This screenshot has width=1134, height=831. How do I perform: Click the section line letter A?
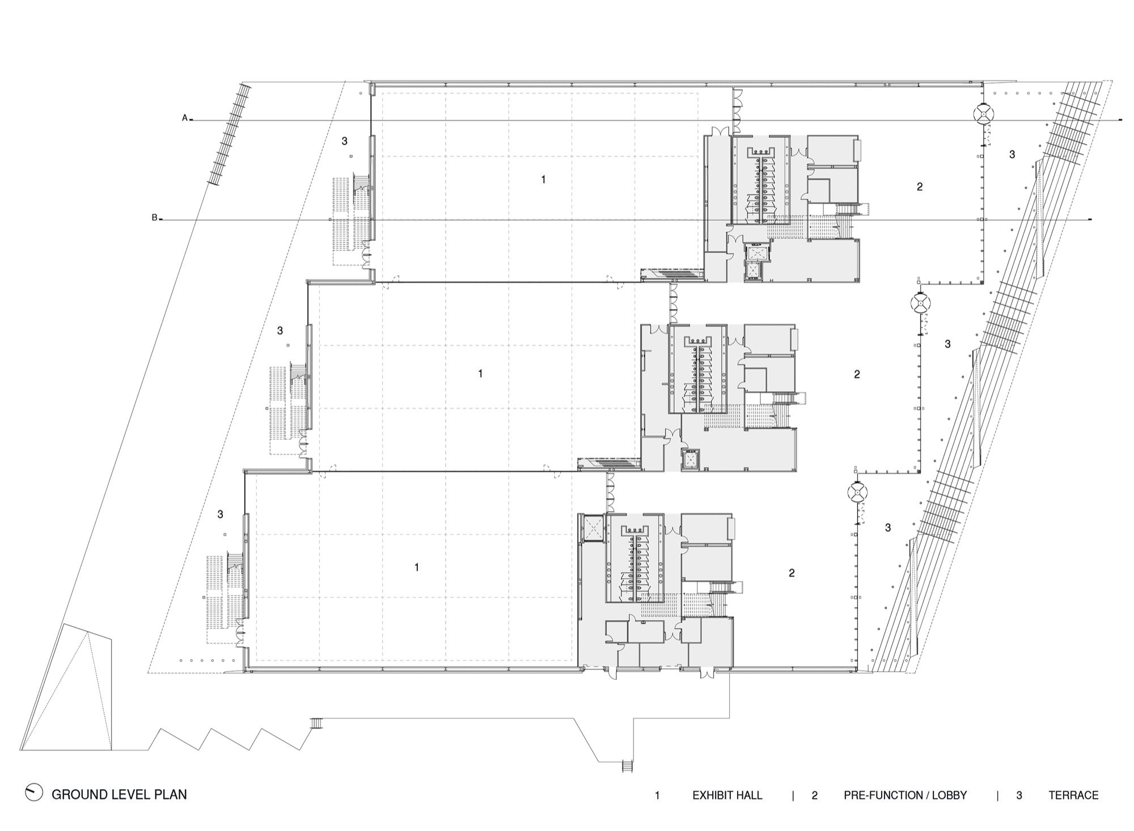(x=184, y=118)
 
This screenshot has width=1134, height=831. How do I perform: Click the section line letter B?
(x=154, y=218)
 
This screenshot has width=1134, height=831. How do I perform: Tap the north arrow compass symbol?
(x=34, y=792)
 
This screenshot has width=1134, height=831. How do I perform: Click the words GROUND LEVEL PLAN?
(x=119, y=795)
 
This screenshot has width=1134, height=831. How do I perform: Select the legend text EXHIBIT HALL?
(x=727, y=795)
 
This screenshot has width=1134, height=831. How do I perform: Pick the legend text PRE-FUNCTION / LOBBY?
(x=905, y=795)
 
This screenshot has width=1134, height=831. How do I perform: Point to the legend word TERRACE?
(x=1073, y=795)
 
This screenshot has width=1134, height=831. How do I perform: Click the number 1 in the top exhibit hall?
(x=543, y=180)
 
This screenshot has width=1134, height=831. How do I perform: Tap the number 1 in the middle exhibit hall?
(x=480, y=374)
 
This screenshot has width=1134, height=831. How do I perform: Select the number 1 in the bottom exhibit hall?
(x=417, y=567)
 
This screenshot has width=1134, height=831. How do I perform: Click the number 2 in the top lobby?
(x=920, y=186)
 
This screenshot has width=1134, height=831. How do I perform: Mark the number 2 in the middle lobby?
(x=857, y=374)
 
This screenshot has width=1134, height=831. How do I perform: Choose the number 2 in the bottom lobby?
(x=792, y=573)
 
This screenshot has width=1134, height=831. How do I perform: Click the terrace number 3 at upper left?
(x=344, y=141)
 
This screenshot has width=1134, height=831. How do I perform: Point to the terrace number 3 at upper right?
(x=1012, y=154)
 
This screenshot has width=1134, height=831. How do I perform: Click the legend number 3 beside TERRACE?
(x=1019, y=795)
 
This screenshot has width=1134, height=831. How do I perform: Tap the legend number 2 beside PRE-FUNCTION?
(x=814, y=795)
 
